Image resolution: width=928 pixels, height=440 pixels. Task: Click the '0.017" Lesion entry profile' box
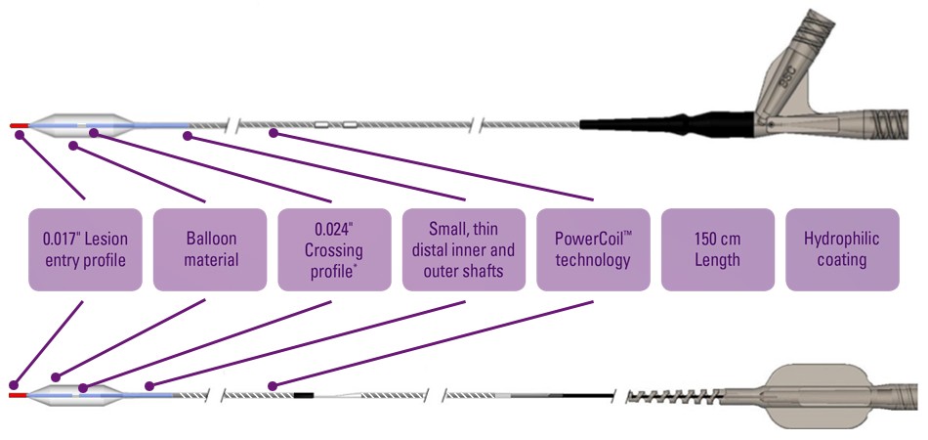85,249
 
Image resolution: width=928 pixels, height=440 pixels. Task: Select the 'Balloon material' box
210,249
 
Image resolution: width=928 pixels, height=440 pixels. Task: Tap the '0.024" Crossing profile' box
334,249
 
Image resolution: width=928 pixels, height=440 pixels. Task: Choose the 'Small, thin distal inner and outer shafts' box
459,249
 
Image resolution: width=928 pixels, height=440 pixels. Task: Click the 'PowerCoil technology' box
593,249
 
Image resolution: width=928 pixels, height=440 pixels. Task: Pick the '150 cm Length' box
718,249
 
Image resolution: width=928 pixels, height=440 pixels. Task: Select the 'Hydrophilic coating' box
842,249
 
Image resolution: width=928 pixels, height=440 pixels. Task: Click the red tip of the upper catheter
18,125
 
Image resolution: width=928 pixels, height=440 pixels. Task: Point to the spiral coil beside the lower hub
664,396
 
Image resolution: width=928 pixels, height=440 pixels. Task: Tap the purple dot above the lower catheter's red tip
13,384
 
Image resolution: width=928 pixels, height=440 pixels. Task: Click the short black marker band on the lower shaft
304,395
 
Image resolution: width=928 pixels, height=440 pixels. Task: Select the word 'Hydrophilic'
842,238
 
